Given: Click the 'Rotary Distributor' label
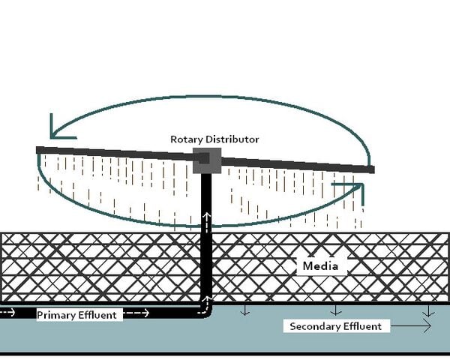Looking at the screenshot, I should click(214, 139).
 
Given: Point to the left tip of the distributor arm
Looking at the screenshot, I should click(39, 151).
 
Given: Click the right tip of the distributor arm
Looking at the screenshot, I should click(370, 169).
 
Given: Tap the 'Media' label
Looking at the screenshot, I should click(320, 266).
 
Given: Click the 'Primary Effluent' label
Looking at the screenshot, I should click(76, 315).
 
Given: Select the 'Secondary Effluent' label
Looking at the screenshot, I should click(335, 326).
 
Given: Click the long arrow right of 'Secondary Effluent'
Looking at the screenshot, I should click(412, 326).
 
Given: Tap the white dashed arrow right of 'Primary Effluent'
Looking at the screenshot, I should click(138, 312).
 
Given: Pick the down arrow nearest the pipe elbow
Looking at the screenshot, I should click(244, 310).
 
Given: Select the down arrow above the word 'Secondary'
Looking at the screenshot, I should click(336, 309).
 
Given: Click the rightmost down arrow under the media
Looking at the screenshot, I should click(427, 310).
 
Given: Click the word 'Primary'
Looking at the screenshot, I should click(56, 315).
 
